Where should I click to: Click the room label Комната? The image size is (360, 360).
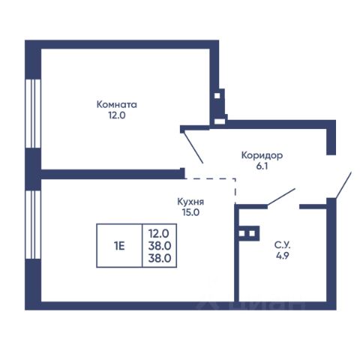(x=117, y=104)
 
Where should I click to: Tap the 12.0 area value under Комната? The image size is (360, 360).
(x=117, y=115)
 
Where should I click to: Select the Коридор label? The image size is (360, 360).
(x=262, y=156)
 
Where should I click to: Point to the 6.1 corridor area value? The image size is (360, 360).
(x=262, y=166)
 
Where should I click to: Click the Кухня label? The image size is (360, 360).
(x=190, y=202)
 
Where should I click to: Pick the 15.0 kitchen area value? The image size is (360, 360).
(x=190, y=212)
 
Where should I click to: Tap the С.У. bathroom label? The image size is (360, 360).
(x=283, y=245)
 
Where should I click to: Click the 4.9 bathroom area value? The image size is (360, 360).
(x=283, y=256)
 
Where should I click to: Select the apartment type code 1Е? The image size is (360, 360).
(x=119, y=246)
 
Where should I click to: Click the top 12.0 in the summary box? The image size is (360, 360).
(x=159, y=234)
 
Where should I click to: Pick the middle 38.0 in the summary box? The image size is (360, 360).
(x=160, y=246)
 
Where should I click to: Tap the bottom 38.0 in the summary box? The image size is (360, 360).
(x=160, y=258)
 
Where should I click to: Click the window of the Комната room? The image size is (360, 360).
(x=33, y=114)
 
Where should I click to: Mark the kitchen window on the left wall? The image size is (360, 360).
(x=33, y=225)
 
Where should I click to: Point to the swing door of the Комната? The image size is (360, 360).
(x=193, y=146)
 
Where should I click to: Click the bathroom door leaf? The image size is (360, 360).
(x=281, y=197)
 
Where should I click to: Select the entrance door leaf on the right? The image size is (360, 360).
(x=343, y=185)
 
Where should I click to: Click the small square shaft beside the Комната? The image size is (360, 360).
(x=217, y=96)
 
